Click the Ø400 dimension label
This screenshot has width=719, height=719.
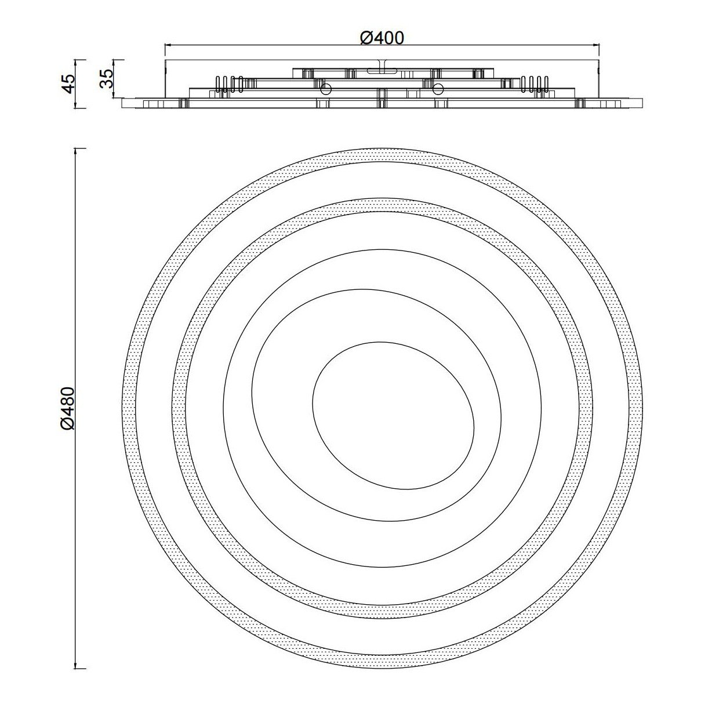[x=382, y=38]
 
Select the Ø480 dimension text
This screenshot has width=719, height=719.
[x=68, y=408]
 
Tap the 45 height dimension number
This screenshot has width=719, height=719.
[x=69, y=83]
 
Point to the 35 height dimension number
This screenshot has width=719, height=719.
[x=107, y=79]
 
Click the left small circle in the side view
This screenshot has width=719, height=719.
[x=326, y=89]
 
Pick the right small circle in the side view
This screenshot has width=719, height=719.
[x=438, y=89]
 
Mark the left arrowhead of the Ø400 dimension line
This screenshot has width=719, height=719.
[x=168, y=45]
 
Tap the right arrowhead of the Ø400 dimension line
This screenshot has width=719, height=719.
[x=596, y=45]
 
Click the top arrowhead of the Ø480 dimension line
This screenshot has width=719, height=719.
[x=77, y=152]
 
